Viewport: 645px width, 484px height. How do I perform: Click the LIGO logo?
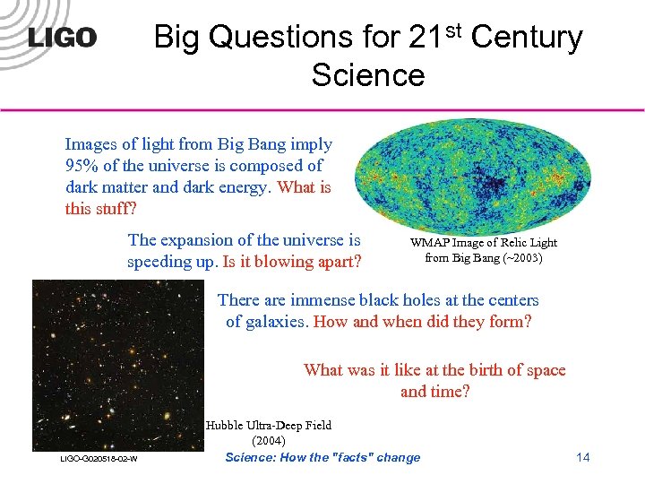(62, 38)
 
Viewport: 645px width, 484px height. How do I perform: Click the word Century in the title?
(527, 38)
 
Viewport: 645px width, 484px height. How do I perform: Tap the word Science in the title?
(367, 75)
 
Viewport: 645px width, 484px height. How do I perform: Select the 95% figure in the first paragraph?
(82, 166)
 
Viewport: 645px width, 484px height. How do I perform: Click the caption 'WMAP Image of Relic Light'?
(483, 243)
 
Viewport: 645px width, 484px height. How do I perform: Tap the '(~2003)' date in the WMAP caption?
(520, 258)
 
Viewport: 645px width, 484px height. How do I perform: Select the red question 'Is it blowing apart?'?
(292, 262)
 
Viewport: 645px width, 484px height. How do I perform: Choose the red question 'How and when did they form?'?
(422, 321)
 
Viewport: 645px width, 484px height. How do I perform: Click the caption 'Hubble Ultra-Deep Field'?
(268, 426)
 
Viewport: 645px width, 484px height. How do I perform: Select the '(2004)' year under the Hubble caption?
(269, 441)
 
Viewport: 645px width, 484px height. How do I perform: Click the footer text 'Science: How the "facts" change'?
(322, 458)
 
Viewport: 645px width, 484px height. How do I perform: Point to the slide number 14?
(582, 458)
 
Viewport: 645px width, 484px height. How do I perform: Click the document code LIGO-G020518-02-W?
(99, 459)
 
